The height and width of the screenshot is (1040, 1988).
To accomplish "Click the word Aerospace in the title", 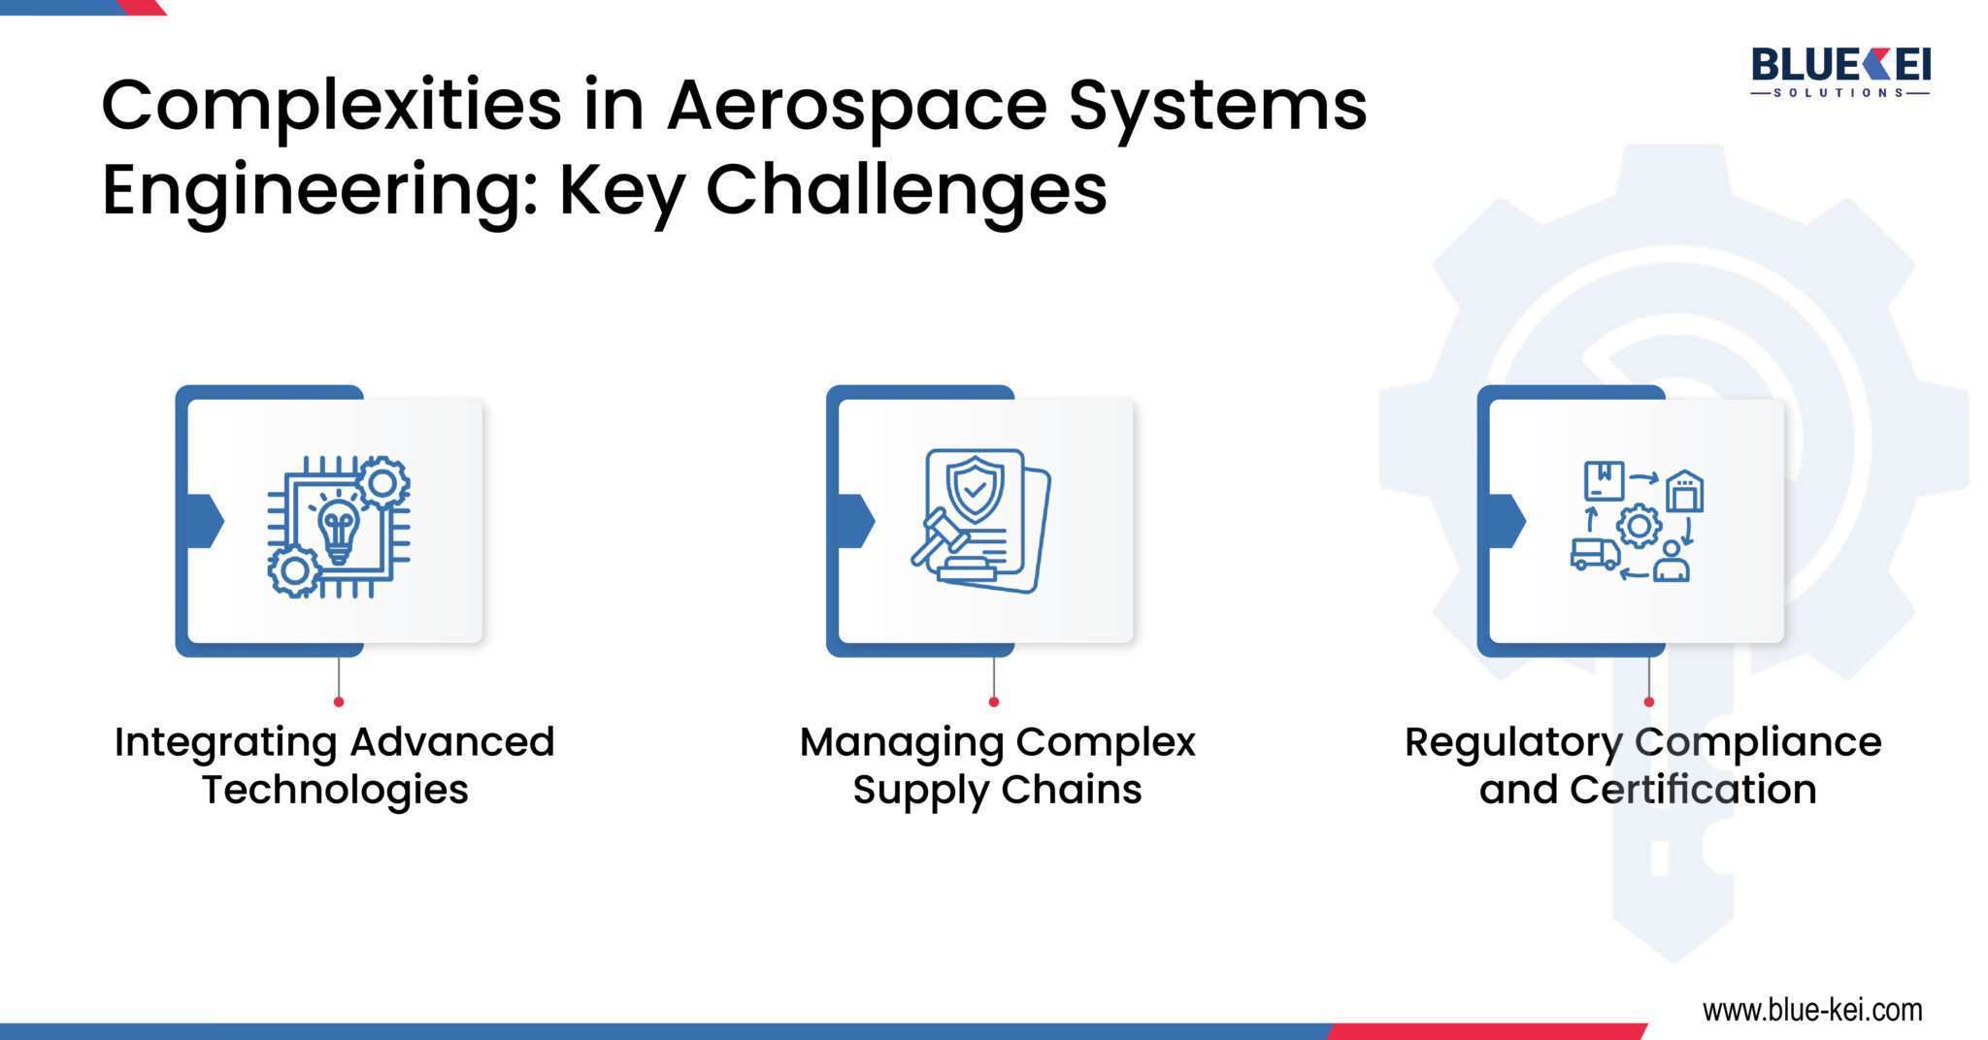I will (x=856, y=106).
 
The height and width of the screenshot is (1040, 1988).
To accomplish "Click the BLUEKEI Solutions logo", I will (x=1840, y=73).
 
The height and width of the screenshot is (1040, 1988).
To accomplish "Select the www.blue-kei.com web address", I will (x=1811, y=1010).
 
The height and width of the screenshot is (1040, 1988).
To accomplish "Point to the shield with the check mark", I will (x=975, y=491).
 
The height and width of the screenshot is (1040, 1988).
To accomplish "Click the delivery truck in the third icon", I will (x=1595, y=554).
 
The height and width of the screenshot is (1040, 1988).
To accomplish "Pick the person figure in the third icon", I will (x=1671, y=563).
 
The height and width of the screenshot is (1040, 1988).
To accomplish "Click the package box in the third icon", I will (x=1604, y=481).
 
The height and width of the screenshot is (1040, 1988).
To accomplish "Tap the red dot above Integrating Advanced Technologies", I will (x=338, y=701).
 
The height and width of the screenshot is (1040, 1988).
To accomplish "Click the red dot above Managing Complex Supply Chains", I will (x=993, y=701).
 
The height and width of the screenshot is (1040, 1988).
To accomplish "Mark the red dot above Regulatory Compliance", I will (x=1648, y=701).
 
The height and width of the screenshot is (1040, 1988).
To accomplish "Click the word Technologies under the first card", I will (x=335, y=790).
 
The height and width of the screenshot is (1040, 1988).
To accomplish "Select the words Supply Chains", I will (x=997, y=790).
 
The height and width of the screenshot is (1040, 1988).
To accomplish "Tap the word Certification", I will (x=1693, y=790).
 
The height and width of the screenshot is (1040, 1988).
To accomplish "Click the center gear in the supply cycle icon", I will (x=1639, y=526).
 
